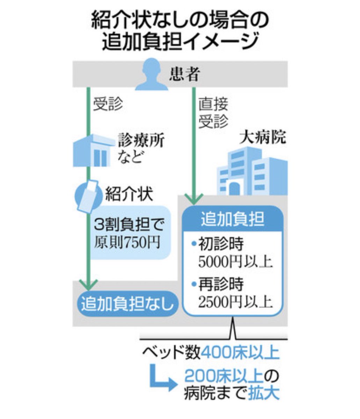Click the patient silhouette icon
(x=151, y=75)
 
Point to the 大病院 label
(x=262, y=138)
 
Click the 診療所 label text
(x=141, y=141)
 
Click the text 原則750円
(x=126, y=242)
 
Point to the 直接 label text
(x=213, y=104)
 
